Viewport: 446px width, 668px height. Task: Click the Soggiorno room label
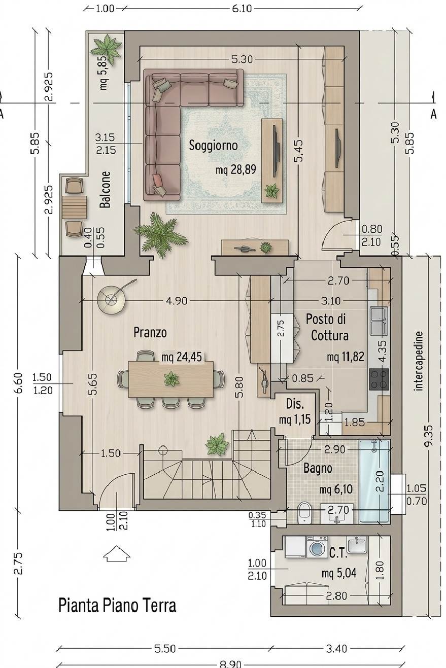point(213,146)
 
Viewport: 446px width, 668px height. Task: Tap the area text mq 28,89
point(235,170)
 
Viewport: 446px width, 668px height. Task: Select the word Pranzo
point(150,332)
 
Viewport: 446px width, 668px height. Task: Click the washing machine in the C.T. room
point(317,547)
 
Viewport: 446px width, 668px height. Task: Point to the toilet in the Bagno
point(304,512)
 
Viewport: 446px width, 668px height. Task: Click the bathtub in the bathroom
point(374,481)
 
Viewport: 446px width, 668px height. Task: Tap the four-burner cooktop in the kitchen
point(379,379)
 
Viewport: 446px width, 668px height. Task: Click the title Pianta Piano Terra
point(117,606)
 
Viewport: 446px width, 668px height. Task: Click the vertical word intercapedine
point(419,361)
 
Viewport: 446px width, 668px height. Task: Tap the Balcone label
point(105,189)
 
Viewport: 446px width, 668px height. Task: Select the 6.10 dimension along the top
point(242,9)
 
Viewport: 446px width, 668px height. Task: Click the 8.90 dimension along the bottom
point(230,664)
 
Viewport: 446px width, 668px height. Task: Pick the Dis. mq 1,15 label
point(295,412)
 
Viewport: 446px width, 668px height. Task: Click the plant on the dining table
point(171,379)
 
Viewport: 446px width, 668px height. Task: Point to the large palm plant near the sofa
point(160,235)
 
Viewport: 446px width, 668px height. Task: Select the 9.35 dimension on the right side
point(429,436)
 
